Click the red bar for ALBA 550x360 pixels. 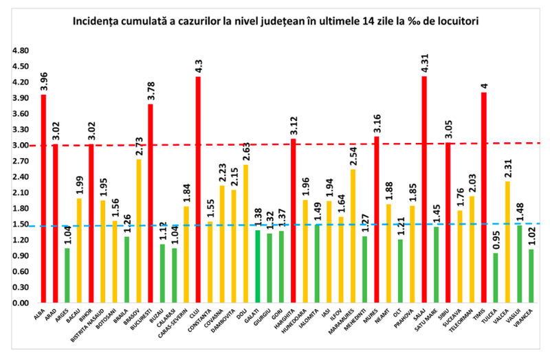pyautogui.click(x=43, y=199)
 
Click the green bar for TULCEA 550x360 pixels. pyautogui.click(x=495, y=278)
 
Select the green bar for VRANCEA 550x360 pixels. pyautogui.click(x=531, y=275)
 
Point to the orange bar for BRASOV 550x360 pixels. pyautogui.click(x=139, y=231)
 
